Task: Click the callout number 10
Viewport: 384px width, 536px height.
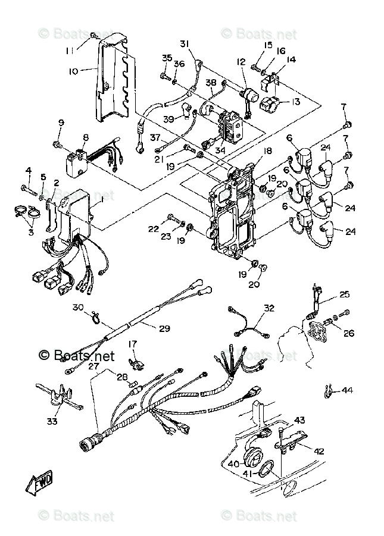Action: coord(73,71)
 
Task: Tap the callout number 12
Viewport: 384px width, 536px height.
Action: coord(241,62)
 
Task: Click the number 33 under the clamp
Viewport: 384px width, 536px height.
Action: coord(53,421)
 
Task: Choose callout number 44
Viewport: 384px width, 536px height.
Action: coord(346,390)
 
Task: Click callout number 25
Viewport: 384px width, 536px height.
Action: coord(344,294)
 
